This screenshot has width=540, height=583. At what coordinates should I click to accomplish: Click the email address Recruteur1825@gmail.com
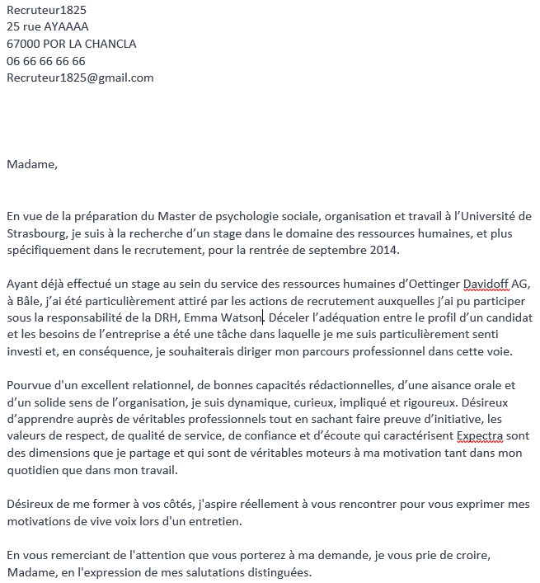[x=80, y=78]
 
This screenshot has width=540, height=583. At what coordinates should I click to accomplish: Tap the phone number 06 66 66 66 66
[x=45, y=61]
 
